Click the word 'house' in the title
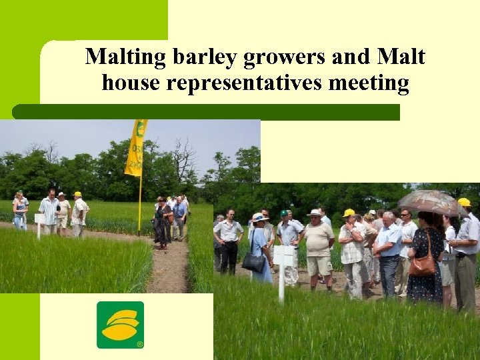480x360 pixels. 129,83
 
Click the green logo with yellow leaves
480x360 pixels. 120,325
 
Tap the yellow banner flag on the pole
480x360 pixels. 137,149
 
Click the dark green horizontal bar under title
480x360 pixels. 207,112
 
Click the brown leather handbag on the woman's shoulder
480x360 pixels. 422,263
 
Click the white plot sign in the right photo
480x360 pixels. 284,255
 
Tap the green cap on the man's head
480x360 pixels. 283,213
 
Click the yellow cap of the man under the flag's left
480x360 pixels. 77,194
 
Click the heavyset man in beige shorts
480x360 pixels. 318,247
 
